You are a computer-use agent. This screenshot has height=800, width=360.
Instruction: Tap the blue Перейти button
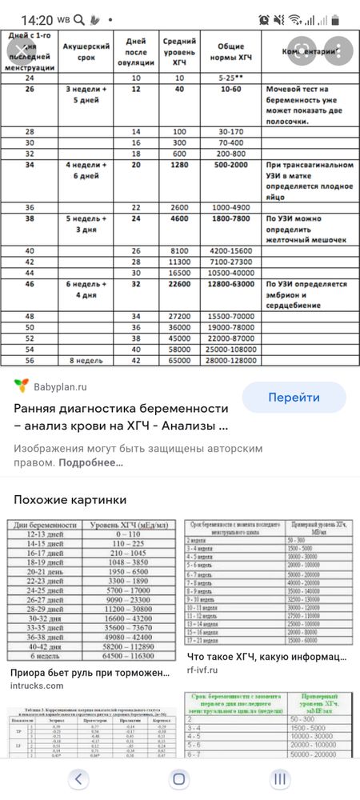(294, 397)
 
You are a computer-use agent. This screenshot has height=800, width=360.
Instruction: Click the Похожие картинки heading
(70, 499)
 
